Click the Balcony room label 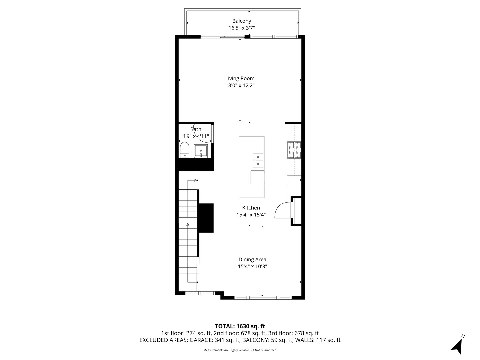[241, 21]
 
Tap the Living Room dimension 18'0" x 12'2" [240, 85]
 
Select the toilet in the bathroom [185, 150]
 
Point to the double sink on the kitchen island [258, 160]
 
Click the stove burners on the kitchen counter [294, 150]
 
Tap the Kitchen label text [251, 208]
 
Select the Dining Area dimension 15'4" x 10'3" [252, 266]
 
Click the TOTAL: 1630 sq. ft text [240, 326]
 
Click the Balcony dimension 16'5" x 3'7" [241, 28]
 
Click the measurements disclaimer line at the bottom [240, 350]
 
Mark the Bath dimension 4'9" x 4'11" [196, 136]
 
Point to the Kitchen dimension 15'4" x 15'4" [251, 215]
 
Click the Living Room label [240, 78]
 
